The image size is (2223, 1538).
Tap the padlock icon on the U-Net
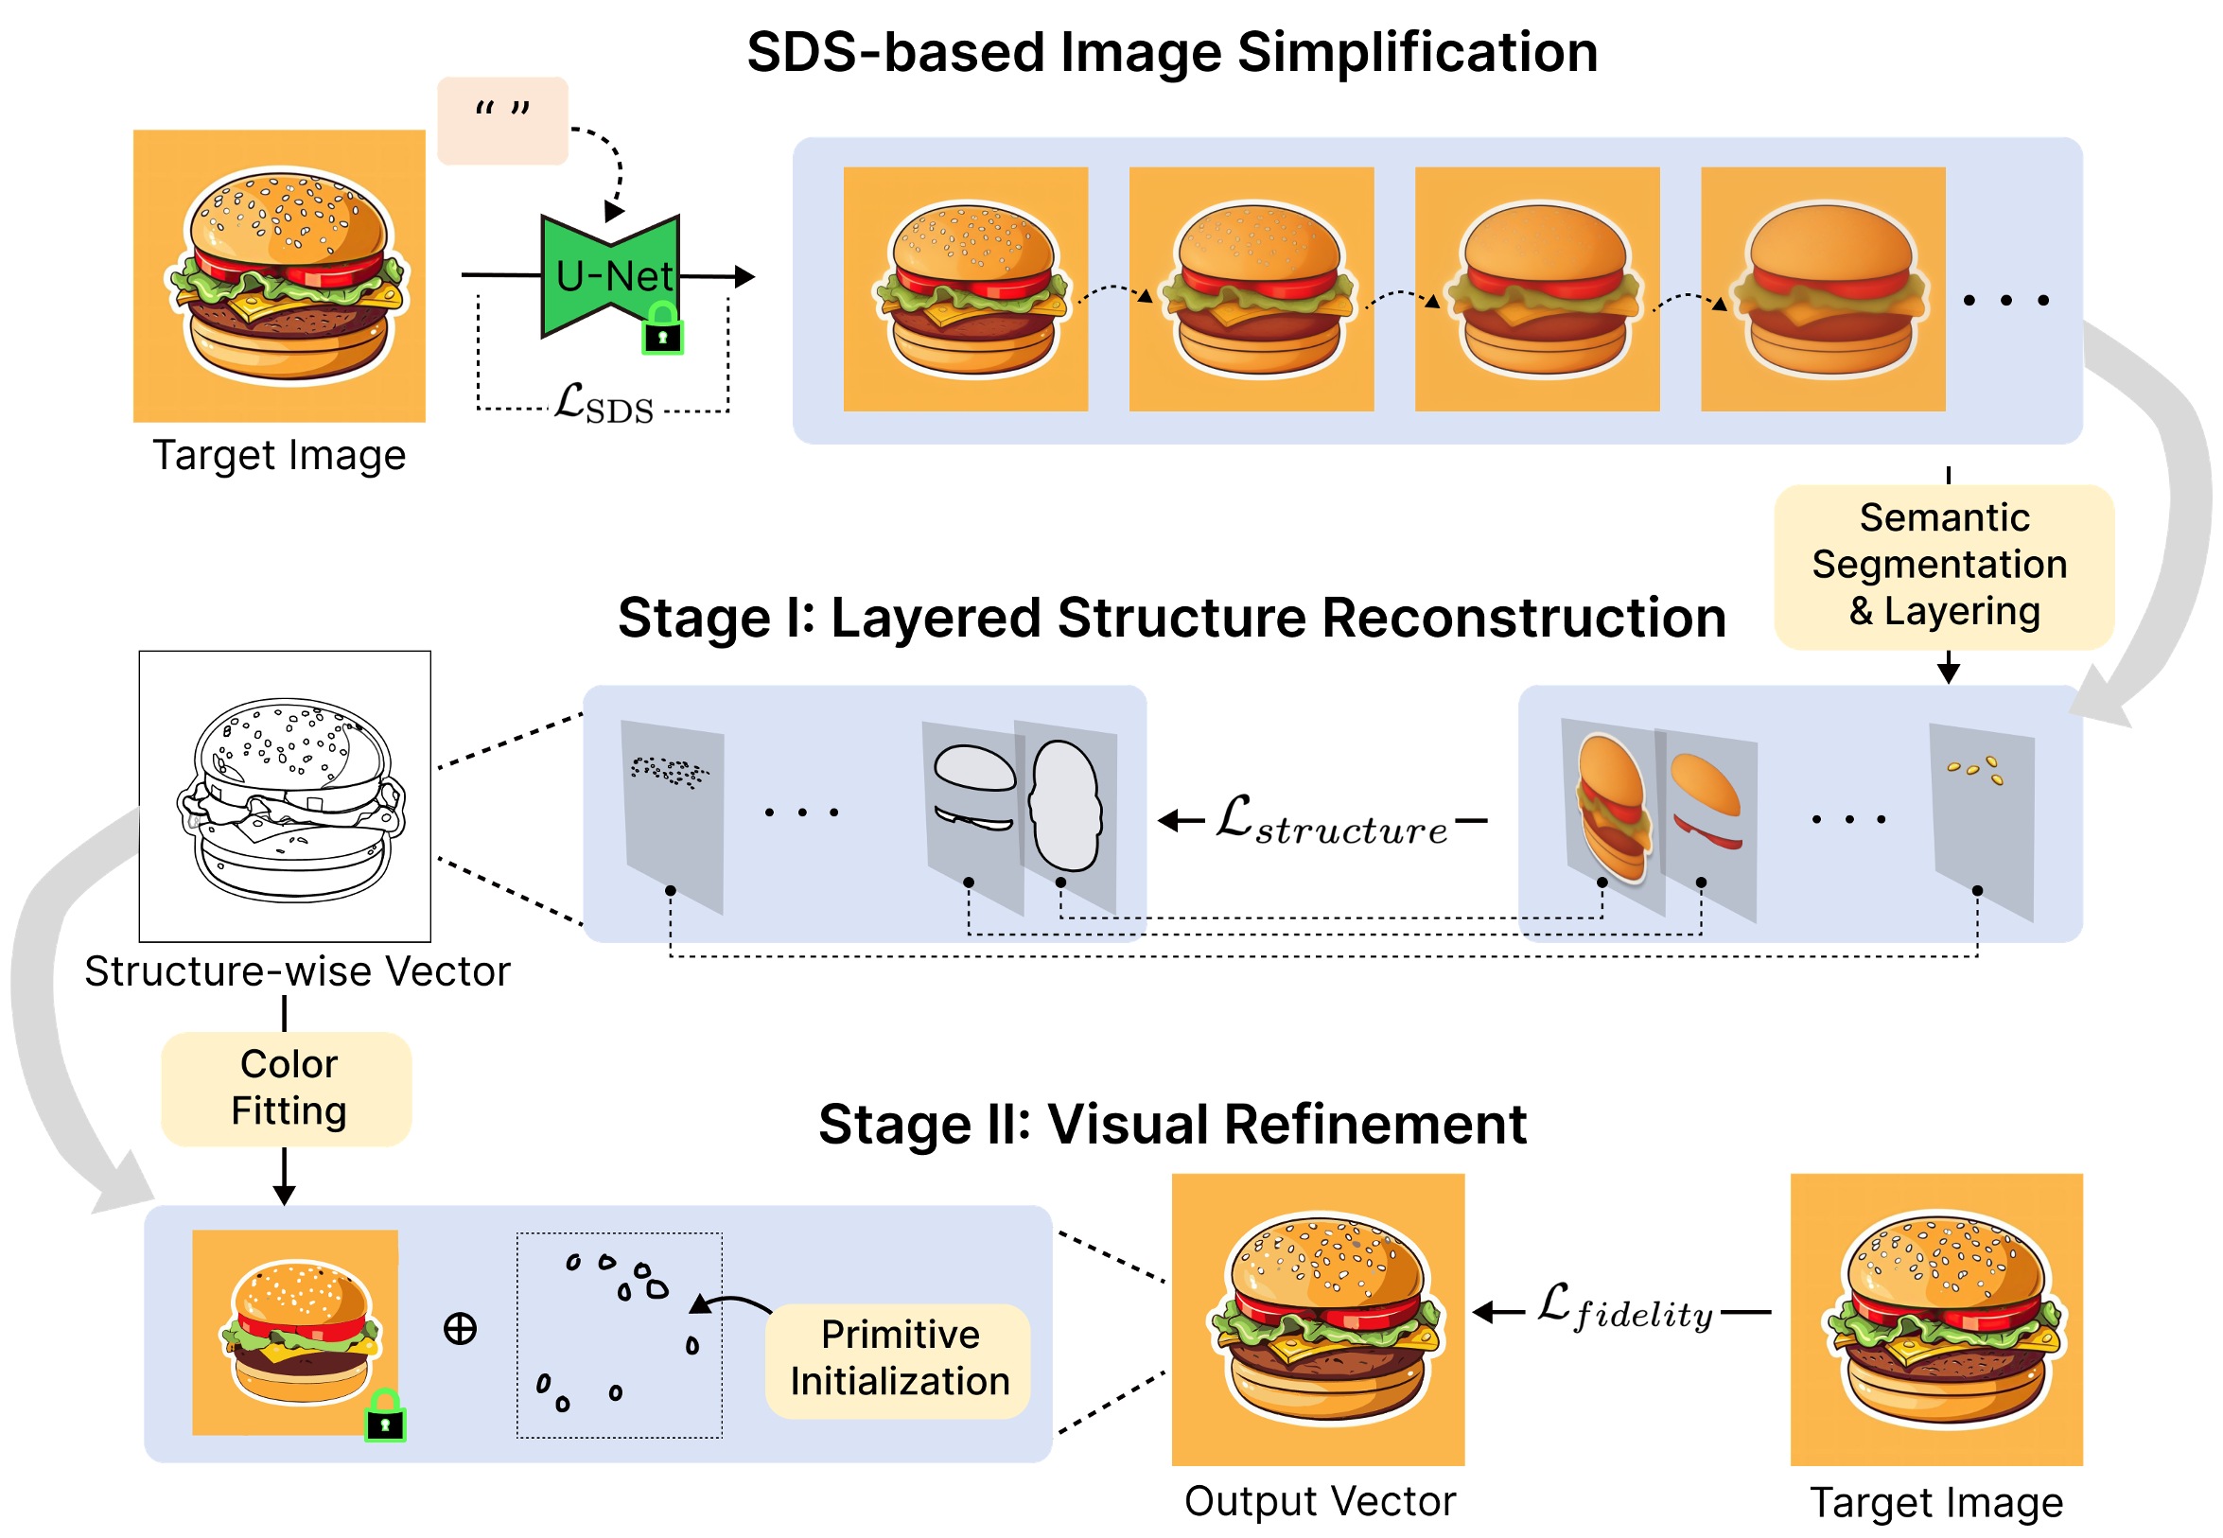pos(662,329)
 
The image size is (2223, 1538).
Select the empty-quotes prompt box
pos(502,120)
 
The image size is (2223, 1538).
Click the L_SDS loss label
pos(604,404)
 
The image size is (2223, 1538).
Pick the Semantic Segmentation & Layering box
pos(1943,566)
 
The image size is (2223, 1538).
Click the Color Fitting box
pos(288,1088)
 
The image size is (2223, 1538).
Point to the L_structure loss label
pos(1331,821)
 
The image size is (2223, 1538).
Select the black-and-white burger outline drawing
pos(286,796)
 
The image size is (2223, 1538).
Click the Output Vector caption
pos(1320,1500)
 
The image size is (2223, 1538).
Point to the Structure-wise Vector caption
pos(297,971)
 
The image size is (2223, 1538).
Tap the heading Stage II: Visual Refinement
pos(1172,1124)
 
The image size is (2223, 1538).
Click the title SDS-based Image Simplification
pos(1172,52)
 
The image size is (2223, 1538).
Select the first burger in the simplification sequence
pos(965,289)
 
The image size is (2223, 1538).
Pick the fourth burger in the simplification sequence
pos(1822,289)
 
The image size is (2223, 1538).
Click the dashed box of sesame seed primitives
pos(619,1335)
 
